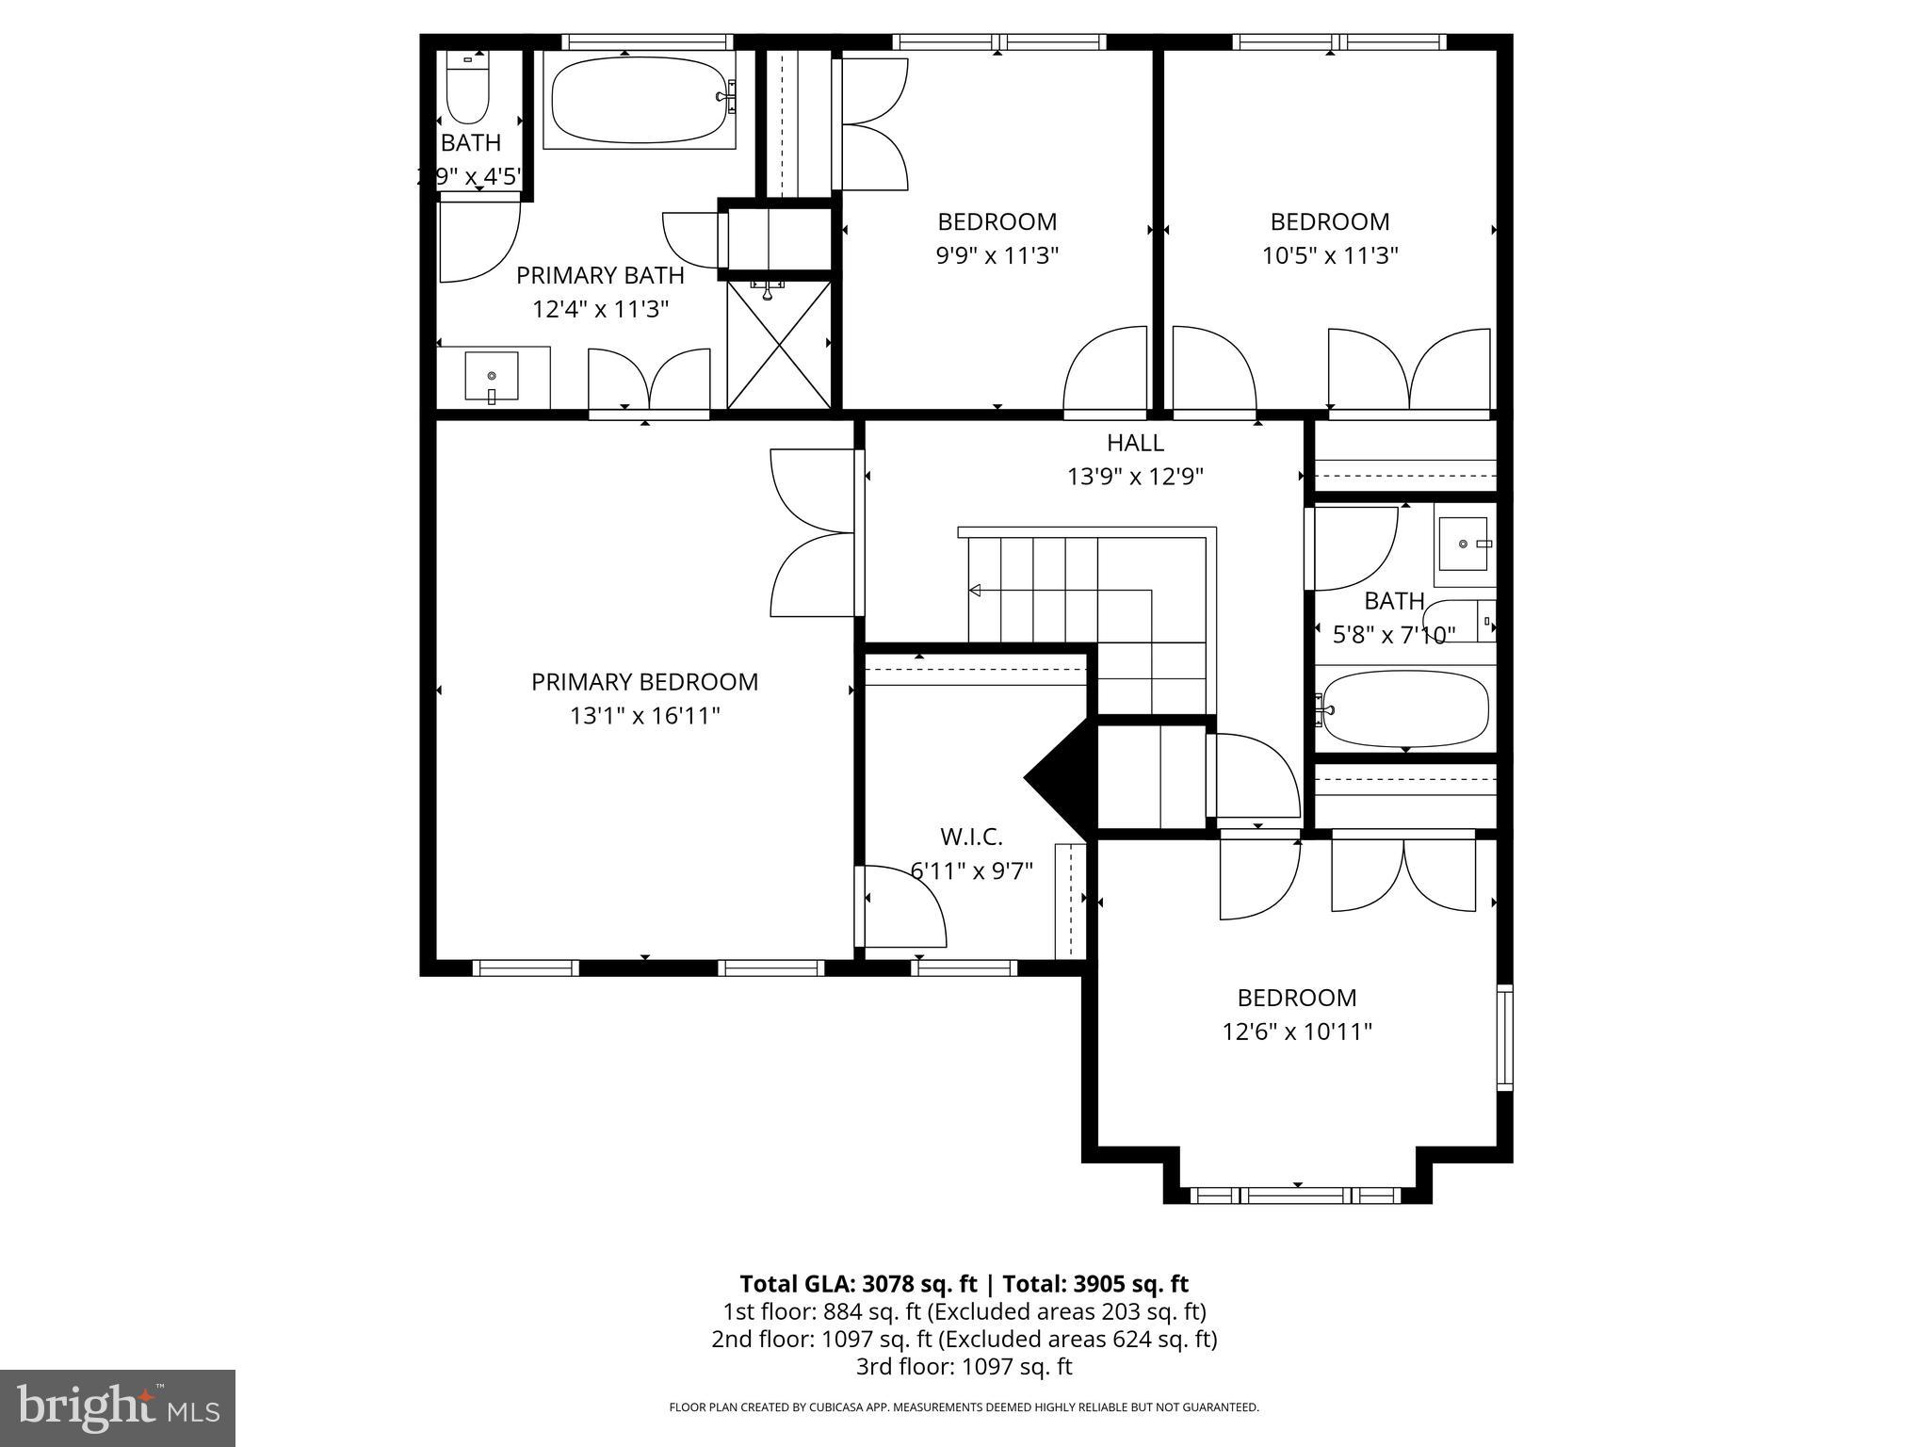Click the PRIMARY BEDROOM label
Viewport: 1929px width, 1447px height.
click(x=644, y=682)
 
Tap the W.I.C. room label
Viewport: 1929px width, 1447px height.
click(x=971, y=837)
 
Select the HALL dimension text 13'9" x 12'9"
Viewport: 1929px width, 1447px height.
click(x=1135, y=477)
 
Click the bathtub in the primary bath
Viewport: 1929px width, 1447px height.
click(x=639, y=97)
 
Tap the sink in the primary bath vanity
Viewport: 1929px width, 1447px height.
click(x=492, y=376)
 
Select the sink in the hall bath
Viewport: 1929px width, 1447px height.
click(x=1463, y=545)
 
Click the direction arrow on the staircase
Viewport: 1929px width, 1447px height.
click(x=976, y=591)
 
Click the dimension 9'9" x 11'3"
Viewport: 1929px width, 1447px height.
click(x=997, y=255)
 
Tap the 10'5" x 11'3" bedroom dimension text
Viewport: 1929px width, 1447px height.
click(x=1329, y=255)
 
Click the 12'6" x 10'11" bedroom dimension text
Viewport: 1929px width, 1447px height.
click(x=1296, y=1032)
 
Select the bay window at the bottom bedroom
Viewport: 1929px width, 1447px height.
click(x=1296, y=1195)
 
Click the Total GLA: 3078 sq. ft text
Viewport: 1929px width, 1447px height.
click(x=860, y=1284)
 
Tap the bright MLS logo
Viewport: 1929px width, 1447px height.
click(x=118, y=1407)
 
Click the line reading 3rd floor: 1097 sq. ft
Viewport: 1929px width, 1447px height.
click(x=964, y=1366)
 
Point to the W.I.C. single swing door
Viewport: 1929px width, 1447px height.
click(x=902, y=906)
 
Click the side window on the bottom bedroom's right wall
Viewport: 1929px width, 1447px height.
click(x=1504, y=1037)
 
